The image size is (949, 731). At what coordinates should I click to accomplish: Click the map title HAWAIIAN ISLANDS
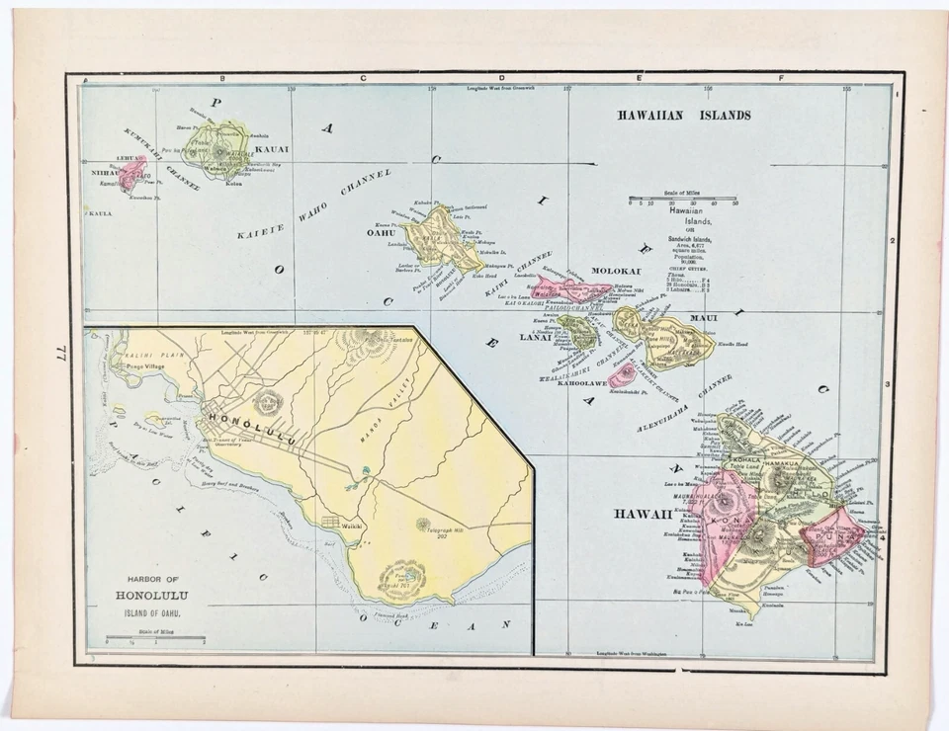(683, 115)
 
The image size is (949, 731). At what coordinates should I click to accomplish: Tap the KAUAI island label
(271, 149)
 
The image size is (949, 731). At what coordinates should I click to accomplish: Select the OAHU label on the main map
(382, 233)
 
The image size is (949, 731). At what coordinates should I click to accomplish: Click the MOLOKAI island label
(616, 271)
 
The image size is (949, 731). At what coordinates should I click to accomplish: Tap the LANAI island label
(535, 338)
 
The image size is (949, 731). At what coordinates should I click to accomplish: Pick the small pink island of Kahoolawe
(623, 374)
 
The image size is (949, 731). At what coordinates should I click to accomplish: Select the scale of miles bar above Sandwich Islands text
(682, 199)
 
